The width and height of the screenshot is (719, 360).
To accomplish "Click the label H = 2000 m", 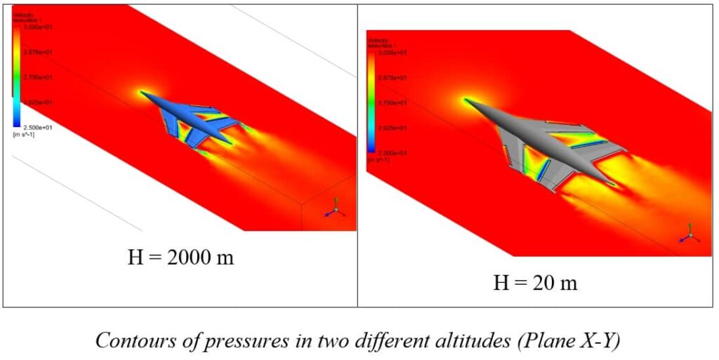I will point(180,258).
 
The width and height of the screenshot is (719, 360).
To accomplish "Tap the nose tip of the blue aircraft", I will point(142,92).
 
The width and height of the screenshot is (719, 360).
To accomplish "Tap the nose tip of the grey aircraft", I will point(464,100).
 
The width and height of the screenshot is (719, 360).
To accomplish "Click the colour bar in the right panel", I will point(371,102).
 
